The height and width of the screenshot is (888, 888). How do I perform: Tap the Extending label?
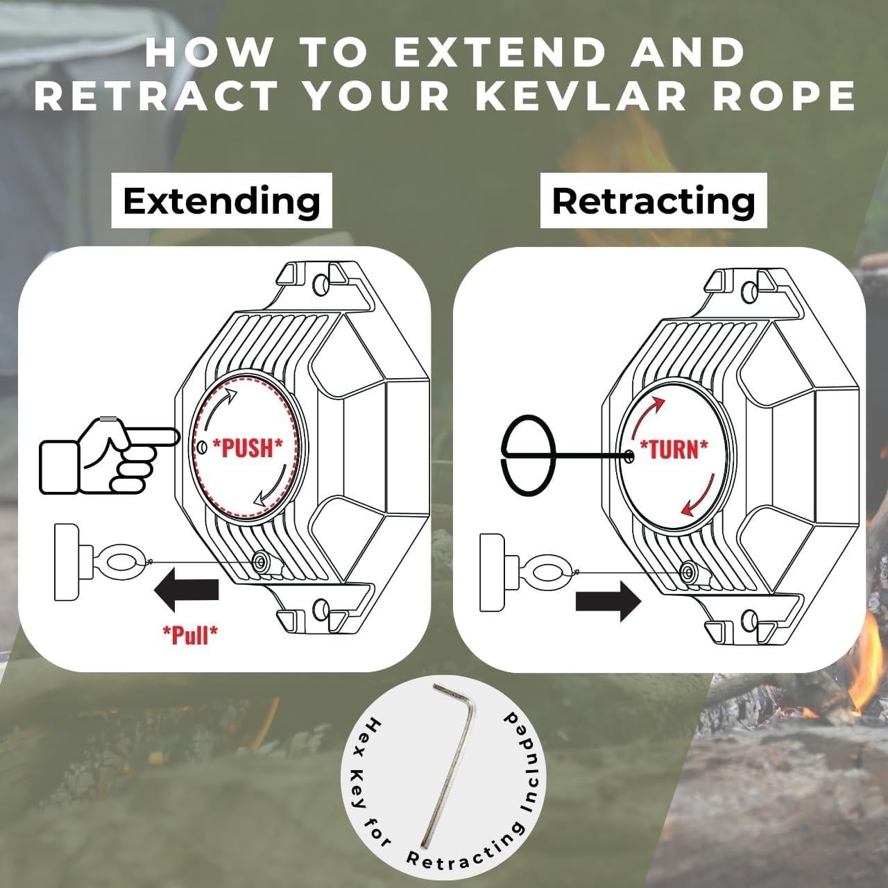(x=221, y=201)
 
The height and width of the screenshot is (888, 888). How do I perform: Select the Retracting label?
(x=654, y=201)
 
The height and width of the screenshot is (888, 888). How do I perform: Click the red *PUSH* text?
(x=248, y=447)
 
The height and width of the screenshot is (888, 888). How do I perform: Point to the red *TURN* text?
(x=674, y=450)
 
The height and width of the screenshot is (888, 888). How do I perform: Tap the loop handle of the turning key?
(x=529, y=456)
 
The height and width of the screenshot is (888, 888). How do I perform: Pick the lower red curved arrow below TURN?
(x=701, y=497)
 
